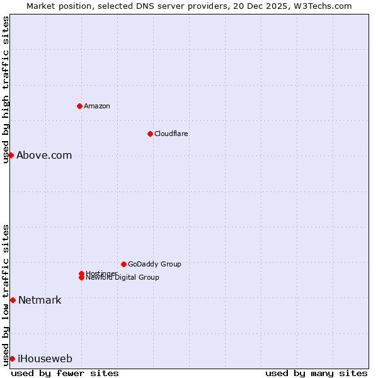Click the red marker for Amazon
pyautogui.click(x=79, y=106)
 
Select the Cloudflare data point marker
pyautogui.click(x=150, y=134)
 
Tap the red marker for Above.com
pyautogui.click(x=11, y=155)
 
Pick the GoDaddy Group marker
pyautogui.click(x=123, y=264)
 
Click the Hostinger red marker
pyautogui.click(x=81, y=273)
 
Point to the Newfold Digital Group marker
pyautogui.click(x=81, y=278)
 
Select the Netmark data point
pyautogui.click(x=13, y=300)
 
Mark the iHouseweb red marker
pyautogui.click(x=12, y=358)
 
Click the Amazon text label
pyautogui.click(x=97, y=106)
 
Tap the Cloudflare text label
pyautogui.click(x=171, y=134)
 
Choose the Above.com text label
pyautogui.click(x=44, y=155)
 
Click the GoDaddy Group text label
pyautogui.click(x=154, y=264)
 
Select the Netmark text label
pyautogui.click(x=40, y=300)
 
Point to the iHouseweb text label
pyautogui.click(x=45, y=358)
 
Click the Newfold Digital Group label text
pyautogui.click(x=123, y=278)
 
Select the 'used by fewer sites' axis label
pyautogui.click(x=65, y=373)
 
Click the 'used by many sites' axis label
pyautogui.click(x=316, y=373)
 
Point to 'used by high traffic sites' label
pyautogui.click(x=6, y=89)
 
